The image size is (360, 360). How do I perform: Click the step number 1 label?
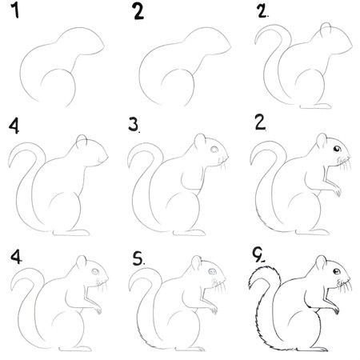pyautogui.click(x=15, y=10)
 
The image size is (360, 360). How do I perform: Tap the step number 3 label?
pyautogui.click(x=134, y=125)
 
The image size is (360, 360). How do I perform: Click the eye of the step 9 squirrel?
pyautogui.click(x=337, y=271)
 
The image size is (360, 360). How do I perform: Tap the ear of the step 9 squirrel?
pyautogui.click(x=321, y=262)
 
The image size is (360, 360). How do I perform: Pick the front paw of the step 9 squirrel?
pyautogui.click(x=335, y=310)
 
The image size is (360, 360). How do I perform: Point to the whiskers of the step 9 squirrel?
pyautogui.click(x=345, y=286)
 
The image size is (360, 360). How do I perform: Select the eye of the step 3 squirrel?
pyautogui.click(x=214, y=150)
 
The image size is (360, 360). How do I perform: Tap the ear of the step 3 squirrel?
pyautogui.click(x=200, y=142)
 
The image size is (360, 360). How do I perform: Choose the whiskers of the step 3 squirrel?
pyautogui.click(x=223, y=163)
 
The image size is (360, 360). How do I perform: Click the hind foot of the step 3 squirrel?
pyautogui.click(x=190, y=233)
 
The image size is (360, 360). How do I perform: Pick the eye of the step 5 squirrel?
pyautogui.click(x=213, y=272)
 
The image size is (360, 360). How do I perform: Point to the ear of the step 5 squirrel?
pyautogui.click(x=197, y=263)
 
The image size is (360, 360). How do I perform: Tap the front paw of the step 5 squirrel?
pyautogui.click(x=213, y=310)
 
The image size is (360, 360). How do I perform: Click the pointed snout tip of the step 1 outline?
pyautogui.click(x=104, y=47)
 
